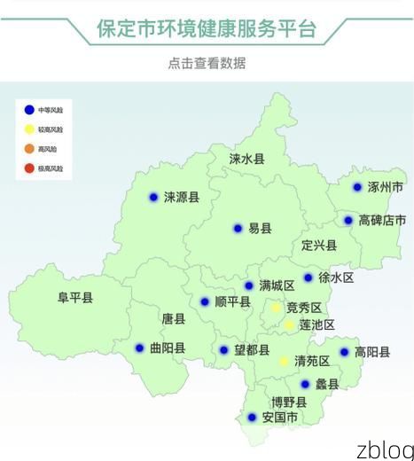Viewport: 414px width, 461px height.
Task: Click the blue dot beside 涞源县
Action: coord(153,197)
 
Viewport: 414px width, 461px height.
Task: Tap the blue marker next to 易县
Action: coord(238,228)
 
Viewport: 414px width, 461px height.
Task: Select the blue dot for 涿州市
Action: coord(357,187)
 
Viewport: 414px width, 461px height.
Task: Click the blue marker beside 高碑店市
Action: coord(348,220)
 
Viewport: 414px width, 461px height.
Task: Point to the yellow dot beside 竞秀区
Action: coord(277,308)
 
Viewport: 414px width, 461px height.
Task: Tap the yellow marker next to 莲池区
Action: coord(289,325)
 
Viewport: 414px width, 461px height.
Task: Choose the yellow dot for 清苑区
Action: coord(284,361)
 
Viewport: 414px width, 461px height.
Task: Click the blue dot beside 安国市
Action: coord(252,417)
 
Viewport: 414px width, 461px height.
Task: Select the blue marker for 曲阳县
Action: coord(139,348)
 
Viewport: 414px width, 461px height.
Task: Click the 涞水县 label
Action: coord(246,160)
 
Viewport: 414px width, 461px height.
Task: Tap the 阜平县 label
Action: coord(75,298)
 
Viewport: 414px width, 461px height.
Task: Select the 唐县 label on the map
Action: coord(174,318)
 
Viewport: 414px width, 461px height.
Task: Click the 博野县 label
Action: coord(289,402)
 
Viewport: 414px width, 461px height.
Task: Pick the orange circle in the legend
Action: coord(28,149)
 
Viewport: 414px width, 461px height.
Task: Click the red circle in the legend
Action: coord(28,168)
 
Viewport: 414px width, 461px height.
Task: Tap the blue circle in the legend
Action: coord(28,110)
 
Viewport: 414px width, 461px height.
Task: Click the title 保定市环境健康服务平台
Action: coord(207,28)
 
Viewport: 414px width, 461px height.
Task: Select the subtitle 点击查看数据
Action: coord(207,63)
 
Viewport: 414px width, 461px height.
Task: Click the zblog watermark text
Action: coord(384,448)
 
